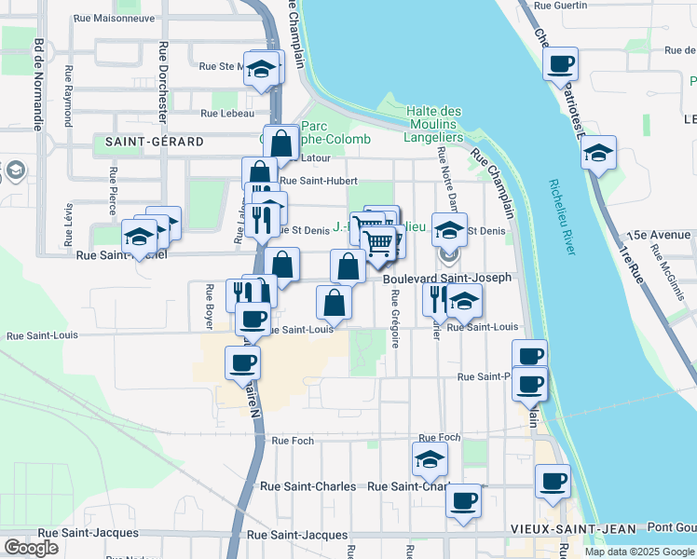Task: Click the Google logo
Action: coord(31,548)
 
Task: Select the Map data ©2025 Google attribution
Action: coord(638,552)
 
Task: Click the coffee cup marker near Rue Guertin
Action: coord(560,65)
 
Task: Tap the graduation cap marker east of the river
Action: coord(598,153)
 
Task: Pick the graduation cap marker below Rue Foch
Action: coord(430,459)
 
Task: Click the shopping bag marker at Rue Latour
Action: coord(280,143)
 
